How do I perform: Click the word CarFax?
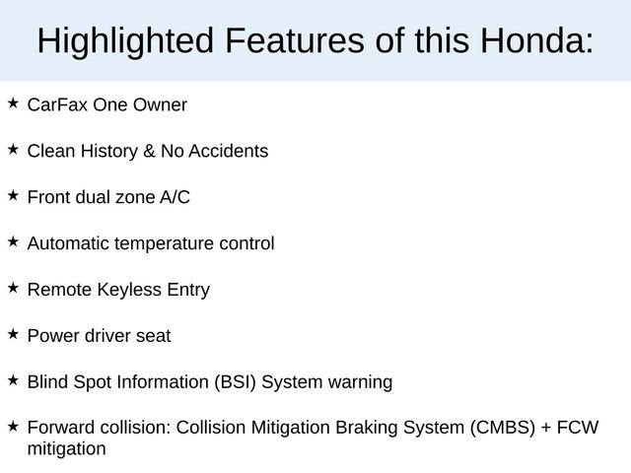pyautogui.click(x=57, y=104)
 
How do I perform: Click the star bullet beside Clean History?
pyautogui.click(x=13, y=149)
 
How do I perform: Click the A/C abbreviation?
pyautogui.click(x=175, y=197)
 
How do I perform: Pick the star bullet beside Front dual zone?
pyautogui.click(x=13, y=195)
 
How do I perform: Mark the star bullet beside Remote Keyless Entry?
pyautogui.click(x=13, y=288)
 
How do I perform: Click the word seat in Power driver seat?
pyautogui.click(x=153, y=336)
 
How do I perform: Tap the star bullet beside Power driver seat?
pyautogui.click(x=13, y=334)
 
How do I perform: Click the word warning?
pyautogui.click(x=360, y=382)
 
